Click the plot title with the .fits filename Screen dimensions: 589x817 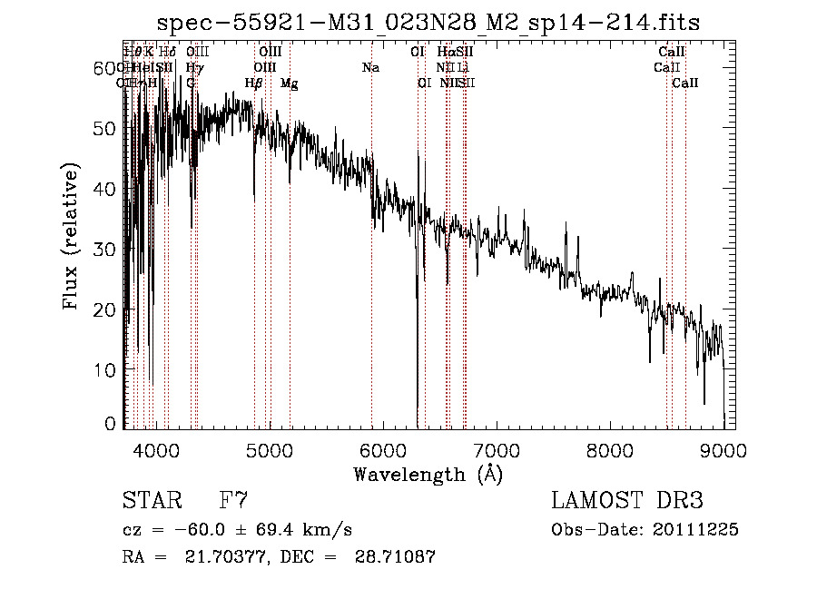coord(428,22)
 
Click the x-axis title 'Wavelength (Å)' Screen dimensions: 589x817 coord(428,474)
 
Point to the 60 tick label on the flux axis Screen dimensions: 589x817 coord(106,68)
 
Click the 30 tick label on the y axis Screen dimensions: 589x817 coord(106,249)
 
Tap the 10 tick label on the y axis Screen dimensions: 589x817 coord(106,369)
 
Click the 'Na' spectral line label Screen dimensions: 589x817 coord(370,68)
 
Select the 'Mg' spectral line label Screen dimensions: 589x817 coord(289,83)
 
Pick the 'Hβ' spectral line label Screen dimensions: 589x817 coord(254,83)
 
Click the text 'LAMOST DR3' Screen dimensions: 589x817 coord(627,501)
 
